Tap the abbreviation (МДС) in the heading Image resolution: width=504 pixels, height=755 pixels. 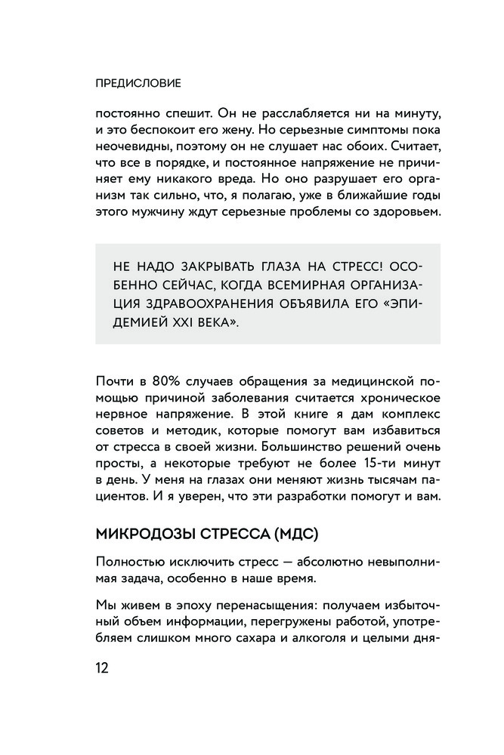click(290, 535)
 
